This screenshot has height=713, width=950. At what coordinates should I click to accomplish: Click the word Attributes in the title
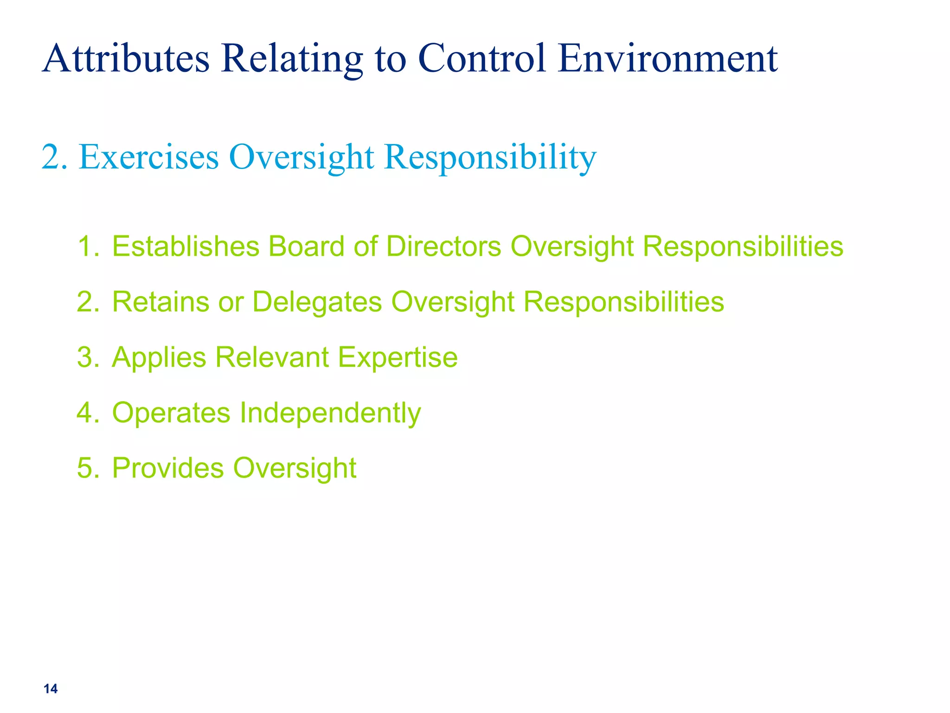tap(126, 59)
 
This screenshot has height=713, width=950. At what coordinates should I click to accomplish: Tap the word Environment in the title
tap(668, 59)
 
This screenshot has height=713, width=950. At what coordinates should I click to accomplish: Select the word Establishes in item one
tap(186, 246)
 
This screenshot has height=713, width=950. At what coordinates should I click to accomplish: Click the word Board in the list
tap(306, 246)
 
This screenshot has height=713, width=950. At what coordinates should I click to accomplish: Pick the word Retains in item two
tap(160, 302)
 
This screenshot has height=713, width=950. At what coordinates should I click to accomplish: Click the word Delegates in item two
tap(317, 302)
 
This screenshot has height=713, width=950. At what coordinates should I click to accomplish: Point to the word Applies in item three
tap(159, 357)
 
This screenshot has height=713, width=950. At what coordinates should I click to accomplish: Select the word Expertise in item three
tap(398, 357)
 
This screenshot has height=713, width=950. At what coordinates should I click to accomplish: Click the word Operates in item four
tap(171, 413)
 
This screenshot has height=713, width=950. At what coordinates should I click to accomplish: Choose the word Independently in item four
tap(330, 413)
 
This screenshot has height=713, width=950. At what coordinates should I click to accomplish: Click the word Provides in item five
tap(167, 468)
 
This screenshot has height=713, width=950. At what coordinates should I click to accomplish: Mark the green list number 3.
tap(88, 357)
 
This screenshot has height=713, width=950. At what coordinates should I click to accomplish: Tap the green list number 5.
tap(88, 468)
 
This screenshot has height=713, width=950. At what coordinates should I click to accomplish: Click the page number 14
tap(51, 689)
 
